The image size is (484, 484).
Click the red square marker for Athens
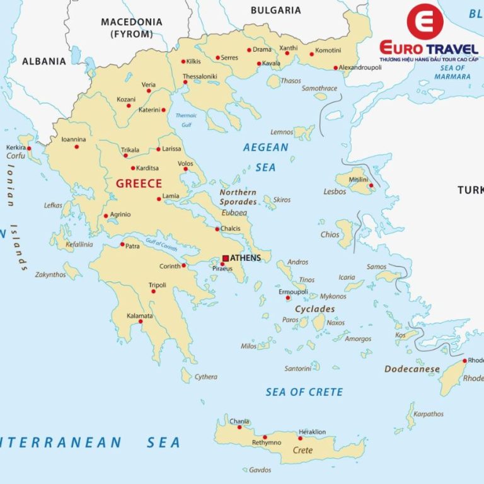click(225, 258)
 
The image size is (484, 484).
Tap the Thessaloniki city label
click(200, 77)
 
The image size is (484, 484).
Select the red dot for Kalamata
click(140, 321)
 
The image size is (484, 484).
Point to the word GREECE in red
click(139, 184)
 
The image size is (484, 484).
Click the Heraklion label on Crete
click(313, 432)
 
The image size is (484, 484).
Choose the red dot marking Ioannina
click(77, 147)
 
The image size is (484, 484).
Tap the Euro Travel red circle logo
click(425, 22)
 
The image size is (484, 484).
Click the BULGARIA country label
click(275, 10)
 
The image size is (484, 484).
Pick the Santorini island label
click(297, 368)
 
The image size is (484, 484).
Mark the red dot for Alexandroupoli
click(336, 67)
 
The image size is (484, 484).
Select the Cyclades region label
click(315, 309)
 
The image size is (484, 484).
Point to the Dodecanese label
click(412, 369)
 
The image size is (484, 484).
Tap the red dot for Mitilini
click(371, 185)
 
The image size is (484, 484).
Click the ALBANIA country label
click(43, 61)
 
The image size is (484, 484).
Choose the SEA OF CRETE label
click(304, 392)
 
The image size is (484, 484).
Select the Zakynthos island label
click(50, 275)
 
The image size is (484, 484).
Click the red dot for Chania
click(239, 427)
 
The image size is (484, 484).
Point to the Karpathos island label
click(429, 414)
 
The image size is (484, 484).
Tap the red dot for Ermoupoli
click(287, 297)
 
